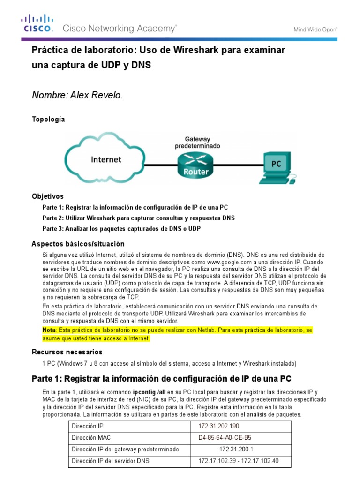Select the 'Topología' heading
pos(48,120)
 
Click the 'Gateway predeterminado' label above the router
pos(197,142)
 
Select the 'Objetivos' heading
pos(47,196)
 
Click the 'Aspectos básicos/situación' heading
pos(78,244)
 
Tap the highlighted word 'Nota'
pos(49,330)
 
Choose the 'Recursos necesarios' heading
pos(67,352)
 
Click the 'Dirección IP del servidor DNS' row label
pos(110,461)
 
